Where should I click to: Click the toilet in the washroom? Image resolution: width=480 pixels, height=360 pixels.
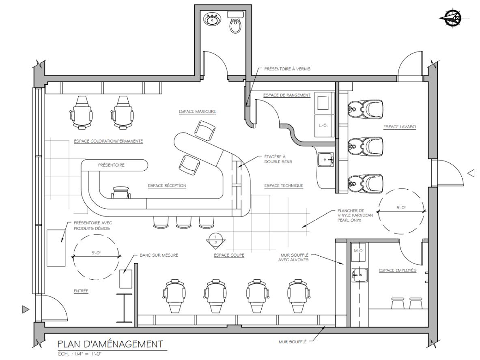[235, 22]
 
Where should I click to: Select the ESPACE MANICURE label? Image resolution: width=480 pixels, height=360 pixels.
[197, 111]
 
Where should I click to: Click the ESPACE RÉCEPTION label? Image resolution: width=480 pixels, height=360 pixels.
[167, 185]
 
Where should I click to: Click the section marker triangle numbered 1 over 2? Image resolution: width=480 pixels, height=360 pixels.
[215, 240]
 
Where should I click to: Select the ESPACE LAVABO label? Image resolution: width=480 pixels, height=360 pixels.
[400, 126]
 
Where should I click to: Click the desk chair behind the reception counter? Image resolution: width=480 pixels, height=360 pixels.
[121, 193]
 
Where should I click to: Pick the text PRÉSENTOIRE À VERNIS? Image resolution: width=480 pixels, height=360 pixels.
[287, 69]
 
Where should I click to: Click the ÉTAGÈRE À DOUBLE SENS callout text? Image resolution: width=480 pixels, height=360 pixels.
[278, 159]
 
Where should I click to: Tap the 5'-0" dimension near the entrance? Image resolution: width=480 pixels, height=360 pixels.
[96, 253]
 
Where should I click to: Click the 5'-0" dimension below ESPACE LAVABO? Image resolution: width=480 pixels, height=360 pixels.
[401, 208]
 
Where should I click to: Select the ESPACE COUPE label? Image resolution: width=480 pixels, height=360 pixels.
[229, 255]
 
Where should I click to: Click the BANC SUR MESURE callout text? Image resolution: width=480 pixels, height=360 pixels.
[159, 255]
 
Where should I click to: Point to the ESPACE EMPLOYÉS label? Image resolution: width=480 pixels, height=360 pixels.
[398, 270]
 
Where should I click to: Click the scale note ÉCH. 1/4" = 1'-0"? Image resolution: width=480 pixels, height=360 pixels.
[80, 354]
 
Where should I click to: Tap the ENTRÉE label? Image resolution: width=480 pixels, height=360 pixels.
[81, 291]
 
